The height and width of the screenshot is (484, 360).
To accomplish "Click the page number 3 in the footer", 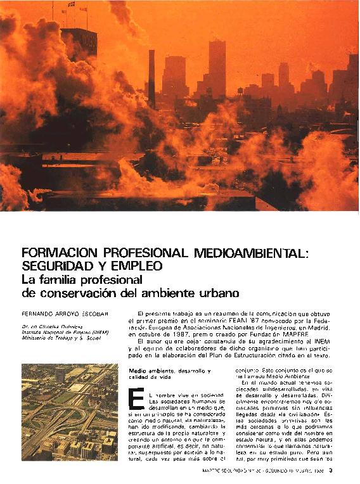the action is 340,469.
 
